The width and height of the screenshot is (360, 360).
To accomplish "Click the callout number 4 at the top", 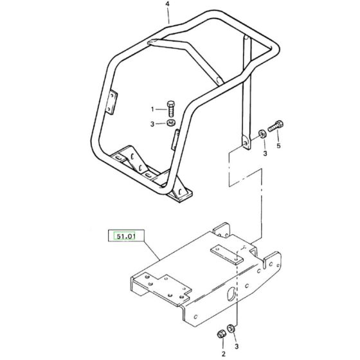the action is tap(167, 4).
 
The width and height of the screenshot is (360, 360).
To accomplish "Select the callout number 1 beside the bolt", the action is tap(152, 109).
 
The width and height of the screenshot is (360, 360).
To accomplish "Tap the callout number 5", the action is tap(278, 146).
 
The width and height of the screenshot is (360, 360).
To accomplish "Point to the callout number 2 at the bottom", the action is tap(224, 354).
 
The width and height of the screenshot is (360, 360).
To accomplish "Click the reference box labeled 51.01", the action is tap(126, 236).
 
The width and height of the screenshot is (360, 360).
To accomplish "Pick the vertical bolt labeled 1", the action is tap(170, 109).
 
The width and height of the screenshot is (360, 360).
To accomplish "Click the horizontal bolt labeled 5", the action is tap(276, 126).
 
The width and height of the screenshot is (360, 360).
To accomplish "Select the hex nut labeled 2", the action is tap(221, 334).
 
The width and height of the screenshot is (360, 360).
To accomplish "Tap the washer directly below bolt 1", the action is tap(170, 123).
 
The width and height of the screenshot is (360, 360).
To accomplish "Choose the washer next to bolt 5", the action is tap(262, 134).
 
